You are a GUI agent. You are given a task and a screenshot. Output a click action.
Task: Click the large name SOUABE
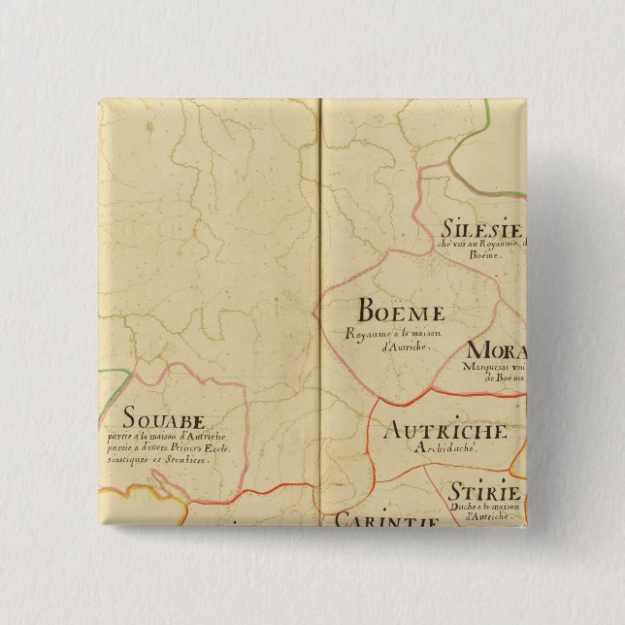(164, 420)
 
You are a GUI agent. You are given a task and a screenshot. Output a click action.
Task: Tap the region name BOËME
(401, 312)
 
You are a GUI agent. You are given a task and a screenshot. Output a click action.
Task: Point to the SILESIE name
(482, 231)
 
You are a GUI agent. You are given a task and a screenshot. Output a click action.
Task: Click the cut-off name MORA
(496, 351)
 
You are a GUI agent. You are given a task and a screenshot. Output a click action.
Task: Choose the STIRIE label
(484, 492)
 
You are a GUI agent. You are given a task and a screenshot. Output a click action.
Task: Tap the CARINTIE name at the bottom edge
(386, 520)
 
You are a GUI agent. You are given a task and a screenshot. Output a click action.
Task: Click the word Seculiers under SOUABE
(187, 460)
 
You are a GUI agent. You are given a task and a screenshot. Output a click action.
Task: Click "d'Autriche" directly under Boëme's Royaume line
(397, 347)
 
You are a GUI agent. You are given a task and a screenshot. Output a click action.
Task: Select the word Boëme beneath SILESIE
(483, 256)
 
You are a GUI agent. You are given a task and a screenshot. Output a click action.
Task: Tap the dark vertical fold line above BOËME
(320, 194)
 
